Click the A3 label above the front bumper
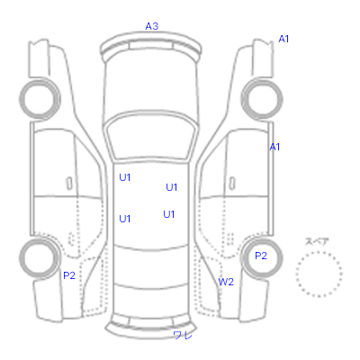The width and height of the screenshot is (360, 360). click(x=152, y=26)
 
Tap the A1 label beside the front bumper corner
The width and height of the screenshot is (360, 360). click(x=283, y=39)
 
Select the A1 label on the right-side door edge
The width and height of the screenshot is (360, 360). click(x=274, y=147)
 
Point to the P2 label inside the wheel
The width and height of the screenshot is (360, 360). click(x=261, y=256)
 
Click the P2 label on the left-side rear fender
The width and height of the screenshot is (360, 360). click(x=69, y=275)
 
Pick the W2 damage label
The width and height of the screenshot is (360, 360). click(x=226, y=282)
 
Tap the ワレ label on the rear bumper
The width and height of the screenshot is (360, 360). click(x=183, y=335)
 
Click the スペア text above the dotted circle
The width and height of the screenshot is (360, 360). click(x=317, y=241)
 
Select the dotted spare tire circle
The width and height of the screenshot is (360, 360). click(x=319, y=253)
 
